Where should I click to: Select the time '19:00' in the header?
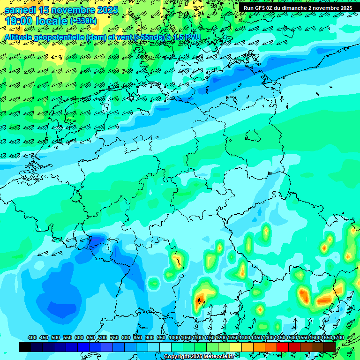click(19, 21)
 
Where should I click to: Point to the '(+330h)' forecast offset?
click(83, 21)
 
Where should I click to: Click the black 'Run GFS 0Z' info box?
click(297, 8)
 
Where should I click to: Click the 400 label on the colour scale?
click(32, 338)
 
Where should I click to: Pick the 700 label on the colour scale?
click(103, 338)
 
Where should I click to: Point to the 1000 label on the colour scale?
click(174, 338)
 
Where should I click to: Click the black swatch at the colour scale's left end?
click(25, 347)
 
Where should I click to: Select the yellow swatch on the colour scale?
click(236, 347)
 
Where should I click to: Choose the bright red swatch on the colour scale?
click(283, 347)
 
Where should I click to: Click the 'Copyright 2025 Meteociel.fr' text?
click(199, 357)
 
